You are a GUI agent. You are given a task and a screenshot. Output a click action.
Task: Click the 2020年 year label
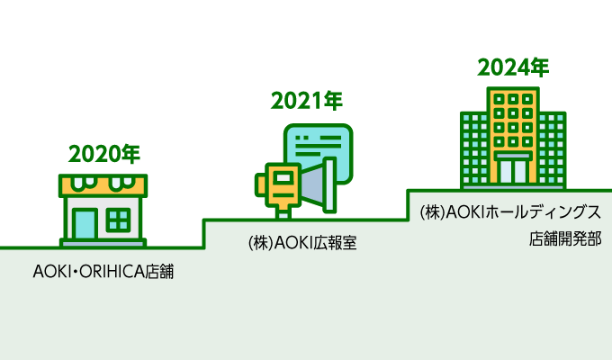(x=104, y=153)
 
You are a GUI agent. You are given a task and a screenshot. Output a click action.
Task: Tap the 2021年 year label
(x=306, y=101)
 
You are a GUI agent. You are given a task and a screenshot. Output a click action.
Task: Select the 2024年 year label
(x=512, y=67)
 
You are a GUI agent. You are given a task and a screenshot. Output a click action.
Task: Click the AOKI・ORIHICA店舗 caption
(x=103, y=270)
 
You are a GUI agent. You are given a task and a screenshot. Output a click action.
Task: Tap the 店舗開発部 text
(x=564, y=241)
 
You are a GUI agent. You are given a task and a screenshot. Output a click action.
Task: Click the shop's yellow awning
(x=104, y=185)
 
